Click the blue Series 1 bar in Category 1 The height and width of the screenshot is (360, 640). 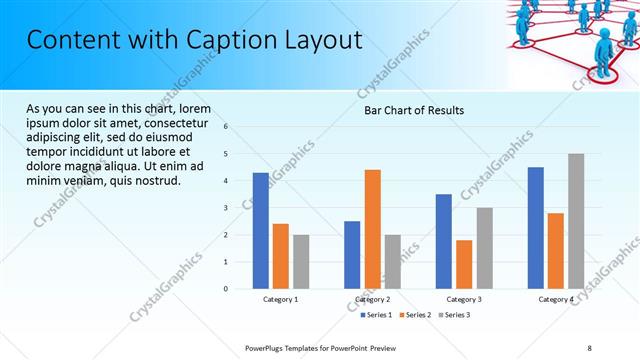(x=261, y=231)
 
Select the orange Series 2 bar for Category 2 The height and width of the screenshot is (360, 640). (x=372, y=229)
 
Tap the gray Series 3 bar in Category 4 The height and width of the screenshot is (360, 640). (x=576, y=221)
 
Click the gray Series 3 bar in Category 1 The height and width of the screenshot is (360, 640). (x=301, y=262)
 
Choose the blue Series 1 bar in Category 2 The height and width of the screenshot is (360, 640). (x=352, y=255)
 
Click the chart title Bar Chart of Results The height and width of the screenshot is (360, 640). (x=413, y=110)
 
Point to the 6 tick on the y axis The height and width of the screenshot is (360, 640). (x=227, y=127)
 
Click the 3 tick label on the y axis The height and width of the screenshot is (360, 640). (x=227, y=208)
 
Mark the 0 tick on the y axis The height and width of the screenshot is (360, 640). (x=227, y=289)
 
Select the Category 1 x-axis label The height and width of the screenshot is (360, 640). (x=281, y=299)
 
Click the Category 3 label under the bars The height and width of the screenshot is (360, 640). (x=464, y=299)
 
